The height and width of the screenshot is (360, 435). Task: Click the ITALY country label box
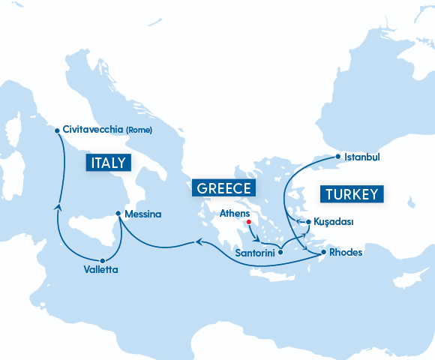click(x=108, y=163)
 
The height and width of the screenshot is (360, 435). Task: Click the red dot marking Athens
click(x=248, y=222)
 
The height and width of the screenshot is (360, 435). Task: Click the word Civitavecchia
click(x=94, y=130)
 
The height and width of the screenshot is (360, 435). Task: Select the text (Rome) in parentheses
click(x=139, y=130)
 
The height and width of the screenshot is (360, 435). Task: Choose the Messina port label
click(x=143, y=214)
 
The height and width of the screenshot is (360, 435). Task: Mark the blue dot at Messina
click(x=118, y=214)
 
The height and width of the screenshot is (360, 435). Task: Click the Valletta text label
click(x=100, y=268)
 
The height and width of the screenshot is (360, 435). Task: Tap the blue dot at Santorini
click(x=280, y=253)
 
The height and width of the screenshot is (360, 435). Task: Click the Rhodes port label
click(x=346, y=253)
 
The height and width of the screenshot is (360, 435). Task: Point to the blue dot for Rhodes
click(x=323, y=253)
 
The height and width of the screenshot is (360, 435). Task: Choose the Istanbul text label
click(x=362, y=157)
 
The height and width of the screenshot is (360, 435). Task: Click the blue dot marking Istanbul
click(x=338, y=157)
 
